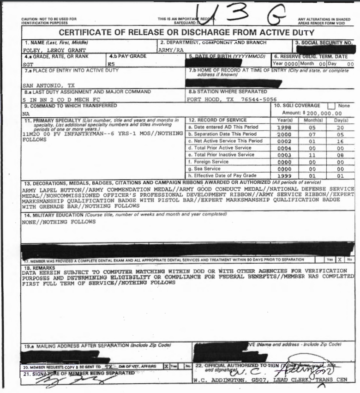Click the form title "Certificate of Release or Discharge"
tap(186, 33)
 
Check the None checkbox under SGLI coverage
tap(331, 106)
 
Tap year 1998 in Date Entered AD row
tap(284, 127)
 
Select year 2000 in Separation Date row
tap(284, 134)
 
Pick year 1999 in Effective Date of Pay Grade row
tap(284, 175)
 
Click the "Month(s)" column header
tap(314, 120)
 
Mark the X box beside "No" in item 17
tap(339, 260)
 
